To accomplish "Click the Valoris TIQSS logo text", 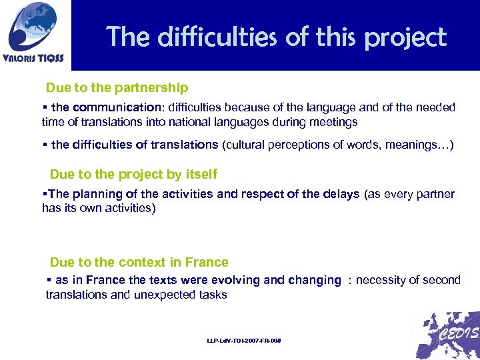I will click(x=34, y=58).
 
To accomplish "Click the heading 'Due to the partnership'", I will click(x=117, y=88).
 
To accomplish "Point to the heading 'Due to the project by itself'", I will click(x=133, y=175).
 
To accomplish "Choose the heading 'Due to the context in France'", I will click(x=139, y=263).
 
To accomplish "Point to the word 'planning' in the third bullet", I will click(x=93, y=194).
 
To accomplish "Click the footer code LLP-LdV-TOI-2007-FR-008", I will click(x=244, y=341).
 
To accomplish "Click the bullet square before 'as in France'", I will click(x=49, y=280).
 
